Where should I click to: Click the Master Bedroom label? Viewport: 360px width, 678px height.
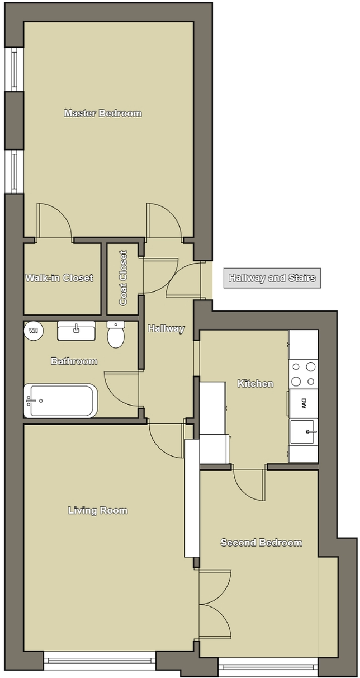pyautogui.click(x=103, y=113)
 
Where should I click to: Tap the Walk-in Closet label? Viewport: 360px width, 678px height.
pyautogui.click(x=59, y=277)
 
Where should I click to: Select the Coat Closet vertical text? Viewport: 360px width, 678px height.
pyautogui.click(x=123, y=278)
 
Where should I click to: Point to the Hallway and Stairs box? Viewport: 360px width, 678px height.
pyautogui.click(x=272, y=277)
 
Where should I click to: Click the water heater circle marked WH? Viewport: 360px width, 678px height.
pyautogui.click(x=33, y=330)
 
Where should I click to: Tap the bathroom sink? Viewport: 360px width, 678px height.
pyautogui.click(x=76, y=331)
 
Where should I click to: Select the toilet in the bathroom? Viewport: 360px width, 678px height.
pyautogui.click(x=116, y=334)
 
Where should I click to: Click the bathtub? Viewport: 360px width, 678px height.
pyautogui.click(x=60, y=401)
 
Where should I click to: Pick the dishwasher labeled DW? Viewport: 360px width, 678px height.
pyautogui.click(x=303, y=404)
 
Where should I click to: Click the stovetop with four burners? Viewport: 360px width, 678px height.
pyautogui.click(x=303, y=374)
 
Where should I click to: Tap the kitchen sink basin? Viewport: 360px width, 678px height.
pyautogui.click(x=303, y=432)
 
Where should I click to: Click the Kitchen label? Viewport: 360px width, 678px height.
pyautogui.click(x=255, y=383)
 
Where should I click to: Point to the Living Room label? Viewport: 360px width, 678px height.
pyautogui.click(x=98, y=510)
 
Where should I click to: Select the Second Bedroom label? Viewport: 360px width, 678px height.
pyautogui.click(x=261, y=542)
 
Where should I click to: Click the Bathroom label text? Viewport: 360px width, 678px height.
pyautogui.click(x=74, y=361)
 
